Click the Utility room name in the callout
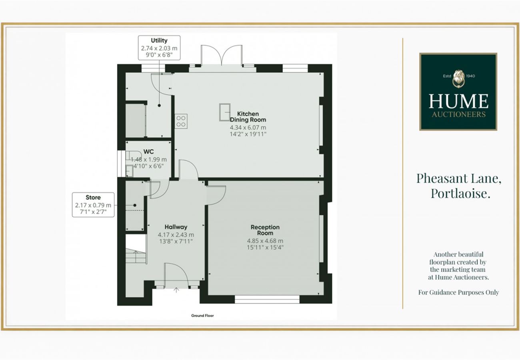[x=159, y=41]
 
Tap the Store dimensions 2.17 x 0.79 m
[x=93, y=205]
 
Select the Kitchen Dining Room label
[x=248, y=117]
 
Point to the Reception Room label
[x=265, y=230]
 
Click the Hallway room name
[x=176, y=227]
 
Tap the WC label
[x=148, y=152]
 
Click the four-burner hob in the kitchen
[x=181, y=121]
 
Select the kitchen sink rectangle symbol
[x=225, y=112]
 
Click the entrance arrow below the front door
[x=176, y=290]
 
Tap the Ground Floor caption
[x=202, y=316]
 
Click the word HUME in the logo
[x=458, y=101]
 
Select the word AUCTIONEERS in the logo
[x=459, y=114]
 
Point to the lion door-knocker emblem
[x=459, y=79]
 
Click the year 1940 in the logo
[x=470, y=76]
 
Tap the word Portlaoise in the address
[x=460, y=193]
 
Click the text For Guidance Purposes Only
[x=458, y=292]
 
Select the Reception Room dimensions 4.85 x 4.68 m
[x=265, y=241]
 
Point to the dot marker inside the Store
[x=135, y=206]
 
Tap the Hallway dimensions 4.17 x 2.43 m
[x=176, y=235]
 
